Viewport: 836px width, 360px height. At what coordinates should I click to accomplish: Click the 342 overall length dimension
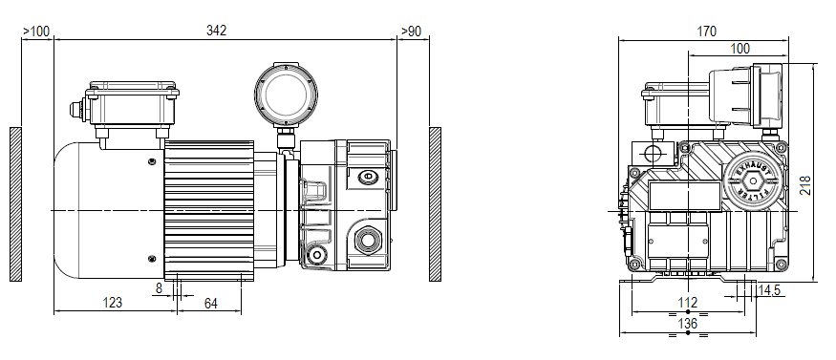click(x=217, y=31)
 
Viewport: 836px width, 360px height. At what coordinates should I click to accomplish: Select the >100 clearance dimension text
click(x=36, y=31)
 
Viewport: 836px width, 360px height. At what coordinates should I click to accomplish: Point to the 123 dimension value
click(x=113, y=304)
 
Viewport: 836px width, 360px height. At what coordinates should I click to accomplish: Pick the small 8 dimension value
click(x=159, y=286)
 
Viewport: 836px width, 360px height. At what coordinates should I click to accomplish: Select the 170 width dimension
click(x=706, y=32)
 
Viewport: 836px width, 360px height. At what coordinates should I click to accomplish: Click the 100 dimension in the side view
click(x=740, y=49)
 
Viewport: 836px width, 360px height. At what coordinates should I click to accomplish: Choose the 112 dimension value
click(x=688, y=304)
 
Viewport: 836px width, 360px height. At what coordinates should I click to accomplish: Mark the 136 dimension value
click(x=688, y=324)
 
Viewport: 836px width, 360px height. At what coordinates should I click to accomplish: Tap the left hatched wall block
click(x=15, y=204)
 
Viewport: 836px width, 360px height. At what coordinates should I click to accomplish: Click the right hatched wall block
click(x=435, y=204)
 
